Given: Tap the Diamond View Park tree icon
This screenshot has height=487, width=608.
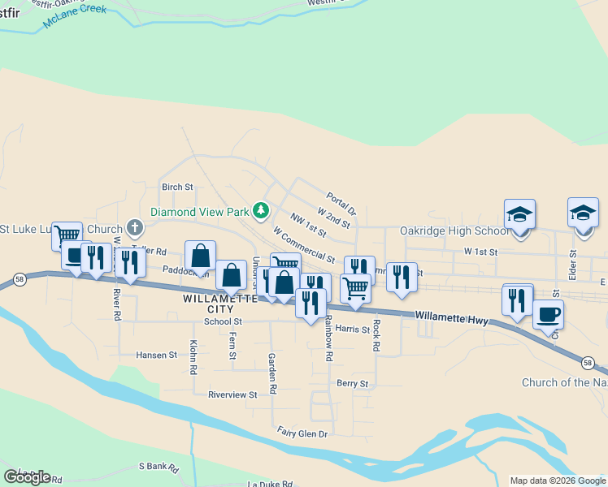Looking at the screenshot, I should tap(260, 212).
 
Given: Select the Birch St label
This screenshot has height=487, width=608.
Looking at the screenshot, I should tap(177, 187).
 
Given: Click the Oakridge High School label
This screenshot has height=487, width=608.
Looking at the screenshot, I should tap(454, 231).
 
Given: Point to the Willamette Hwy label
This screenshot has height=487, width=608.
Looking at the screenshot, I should tap(451, 317).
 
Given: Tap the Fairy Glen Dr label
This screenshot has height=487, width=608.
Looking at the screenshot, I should tap(302, 433).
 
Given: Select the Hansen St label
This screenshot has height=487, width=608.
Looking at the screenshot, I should tap(156, 356).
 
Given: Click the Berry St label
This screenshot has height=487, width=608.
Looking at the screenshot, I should tap(352, 384).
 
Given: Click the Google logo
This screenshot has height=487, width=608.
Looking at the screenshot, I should tap(27, 476).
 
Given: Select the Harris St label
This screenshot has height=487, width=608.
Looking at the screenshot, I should tap(353, 329).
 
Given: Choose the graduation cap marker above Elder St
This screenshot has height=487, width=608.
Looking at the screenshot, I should tap(583, 213).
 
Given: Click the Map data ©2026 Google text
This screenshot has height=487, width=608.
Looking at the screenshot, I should tap(558, 481).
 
